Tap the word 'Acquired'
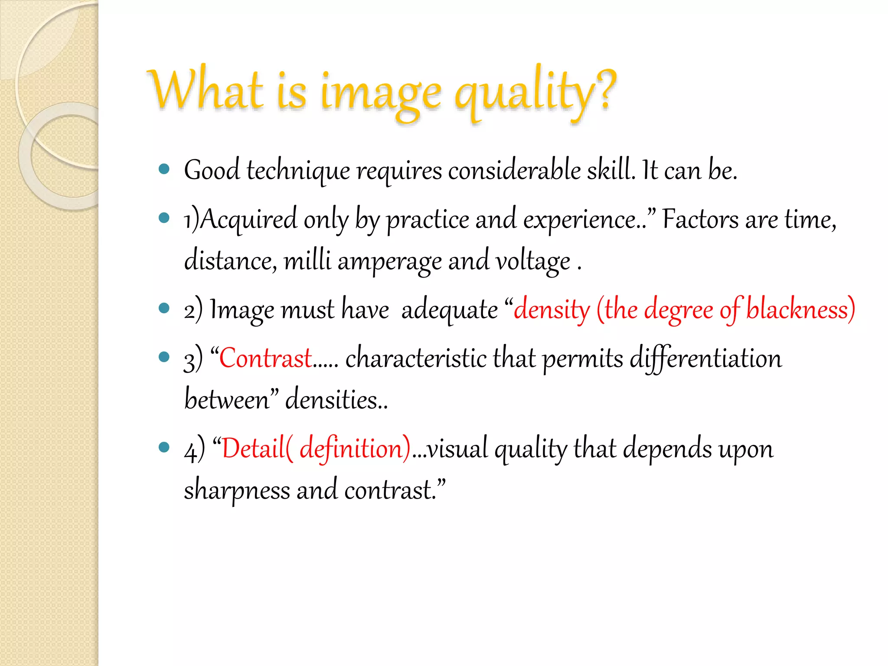point(249,219)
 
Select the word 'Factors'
point(701,219)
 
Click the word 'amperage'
point(389,261)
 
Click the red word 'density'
point(552,310)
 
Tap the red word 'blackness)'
point(800,310)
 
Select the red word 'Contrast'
point(265,358)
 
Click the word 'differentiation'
point(705,359)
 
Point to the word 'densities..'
point(336,399)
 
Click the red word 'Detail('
point(258,448)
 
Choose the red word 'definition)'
point(355,448)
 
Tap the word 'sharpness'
point(237,490)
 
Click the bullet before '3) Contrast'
point(164,357)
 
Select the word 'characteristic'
point(416,358)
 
